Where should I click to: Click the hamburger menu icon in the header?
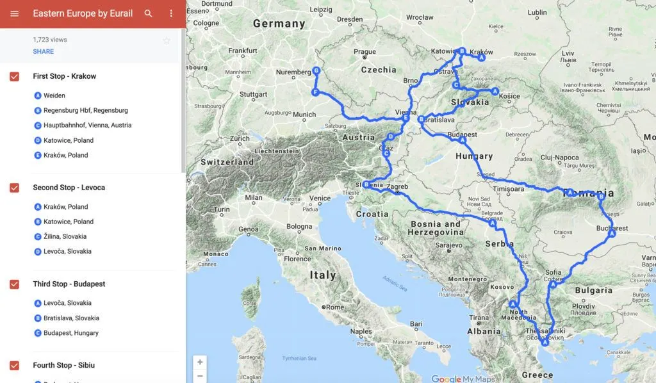pos(14,13)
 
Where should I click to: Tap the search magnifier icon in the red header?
pos(149,13)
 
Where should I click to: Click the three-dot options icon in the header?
pos(171,13)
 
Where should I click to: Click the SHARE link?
pos(44,51)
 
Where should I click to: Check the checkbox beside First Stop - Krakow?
pos(14,77)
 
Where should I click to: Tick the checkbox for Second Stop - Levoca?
pos(14,188)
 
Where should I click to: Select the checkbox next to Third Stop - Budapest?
pos(14,284)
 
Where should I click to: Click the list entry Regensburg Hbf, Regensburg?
pos(85,110)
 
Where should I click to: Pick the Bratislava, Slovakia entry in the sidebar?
pos(71,318)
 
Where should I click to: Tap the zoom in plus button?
pos(200,362)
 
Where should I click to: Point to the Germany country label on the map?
pos(279,24)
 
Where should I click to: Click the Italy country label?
pos(323,275)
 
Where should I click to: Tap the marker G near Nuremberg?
pos(316,70)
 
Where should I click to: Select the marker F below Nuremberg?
pos(315,92)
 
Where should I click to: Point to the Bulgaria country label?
pos(594,290)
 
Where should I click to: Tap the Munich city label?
pos(304,115)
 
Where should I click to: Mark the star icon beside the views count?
pos(167,40)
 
